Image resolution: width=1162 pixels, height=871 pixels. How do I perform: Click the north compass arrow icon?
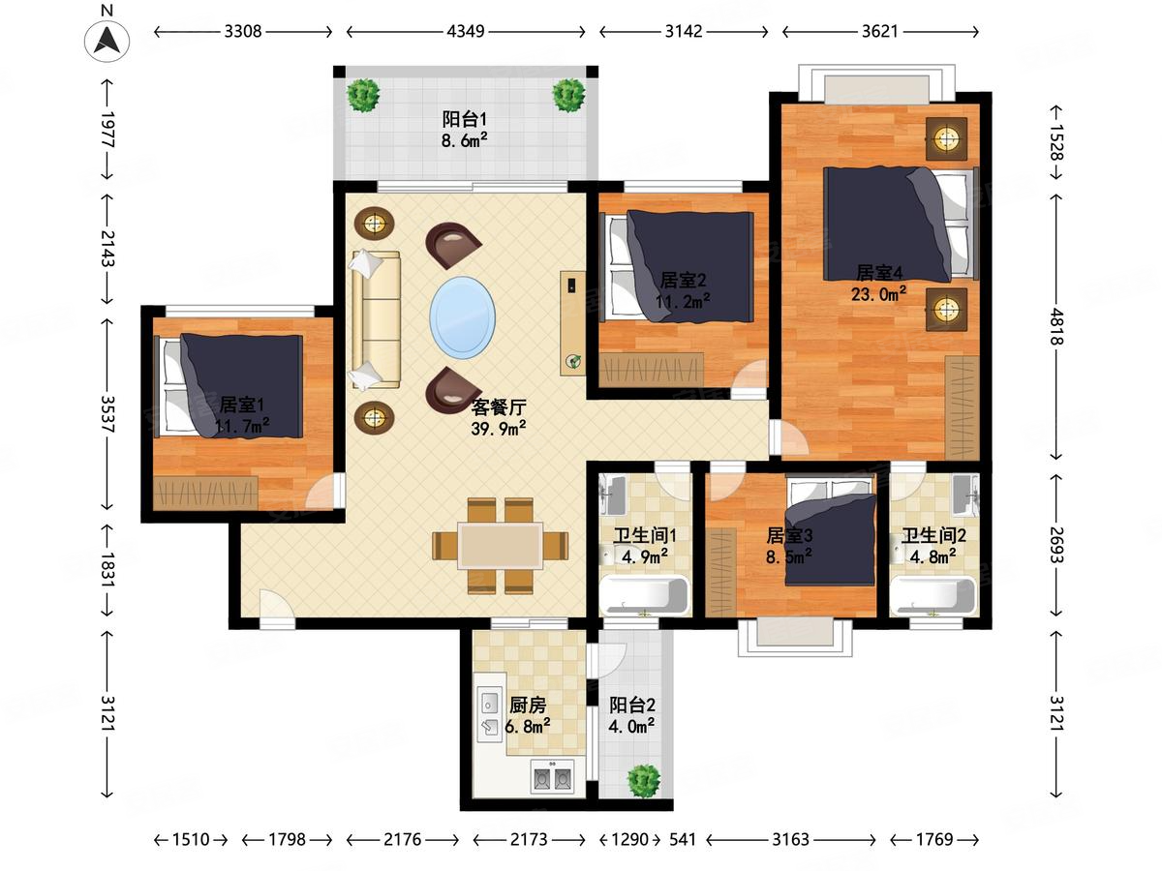107,40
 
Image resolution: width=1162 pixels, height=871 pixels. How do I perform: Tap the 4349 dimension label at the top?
466,32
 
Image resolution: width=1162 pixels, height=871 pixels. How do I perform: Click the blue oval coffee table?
463,317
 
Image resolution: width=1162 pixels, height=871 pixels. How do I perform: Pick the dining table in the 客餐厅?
501,545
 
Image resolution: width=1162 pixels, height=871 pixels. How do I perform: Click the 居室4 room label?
879,272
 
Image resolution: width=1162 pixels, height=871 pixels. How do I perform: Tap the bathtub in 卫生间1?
644,595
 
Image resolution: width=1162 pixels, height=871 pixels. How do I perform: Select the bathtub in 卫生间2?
933,595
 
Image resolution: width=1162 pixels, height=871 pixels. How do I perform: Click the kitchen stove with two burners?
553,777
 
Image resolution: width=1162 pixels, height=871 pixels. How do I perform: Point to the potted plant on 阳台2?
643,781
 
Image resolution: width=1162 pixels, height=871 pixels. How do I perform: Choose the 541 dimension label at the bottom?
683,839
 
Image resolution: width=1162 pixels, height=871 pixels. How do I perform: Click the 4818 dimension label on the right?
1056,326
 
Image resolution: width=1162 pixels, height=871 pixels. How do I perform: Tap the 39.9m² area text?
498,429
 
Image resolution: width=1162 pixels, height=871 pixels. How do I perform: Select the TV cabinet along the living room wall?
573,323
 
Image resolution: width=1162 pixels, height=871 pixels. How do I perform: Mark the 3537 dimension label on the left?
108,414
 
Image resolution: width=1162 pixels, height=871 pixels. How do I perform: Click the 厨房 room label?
528,705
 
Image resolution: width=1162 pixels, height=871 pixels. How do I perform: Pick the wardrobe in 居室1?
205,493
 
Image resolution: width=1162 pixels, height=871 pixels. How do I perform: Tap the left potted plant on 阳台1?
363,95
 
